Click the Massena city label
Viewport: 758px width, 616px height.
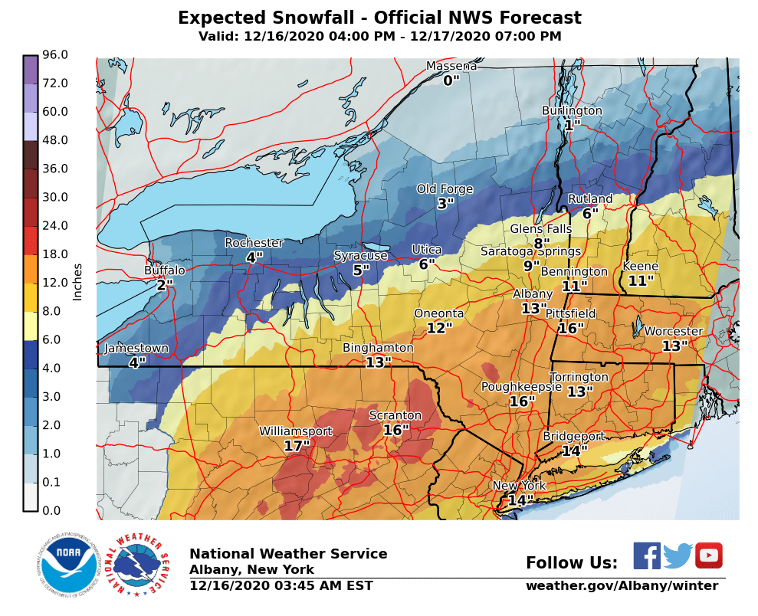451,66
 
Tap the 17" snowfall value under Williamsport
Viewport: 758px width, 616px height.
296,445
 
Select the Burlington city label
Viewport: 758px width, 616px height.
572,110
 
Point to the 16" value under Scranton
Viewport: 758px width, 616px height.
395,430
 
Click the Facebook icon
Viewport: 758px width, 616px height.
646,555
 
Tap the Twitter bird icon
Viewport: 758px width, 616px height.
678,555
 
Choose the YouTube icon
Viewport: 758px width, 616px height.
709,555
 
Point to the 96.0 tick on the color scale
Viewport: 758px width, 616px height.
56,54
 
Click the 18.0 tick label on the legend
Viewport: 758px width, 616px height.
56,254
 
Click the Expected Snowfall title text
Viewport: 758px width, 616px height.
379,18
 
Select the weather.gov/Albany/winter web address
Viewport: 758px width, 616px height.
622,586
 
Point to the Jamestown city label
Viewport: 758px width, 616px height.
136,349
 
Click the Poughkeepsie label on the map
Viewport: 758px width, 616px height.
521,387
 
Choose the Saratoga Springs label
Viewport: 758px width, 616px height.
530,251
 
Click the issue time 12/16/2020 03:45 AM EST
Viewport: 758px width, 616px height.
281,586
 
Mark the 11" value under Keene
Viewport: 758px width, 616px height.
641,280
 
